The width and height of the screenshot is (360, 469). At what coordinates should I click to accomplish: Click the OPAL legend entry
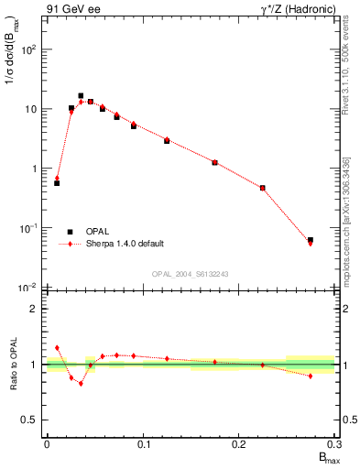click(x=96, y=232)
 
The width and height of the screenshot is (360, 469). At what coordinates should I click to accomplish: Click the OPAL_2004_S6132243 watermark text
click(x=190, y=274)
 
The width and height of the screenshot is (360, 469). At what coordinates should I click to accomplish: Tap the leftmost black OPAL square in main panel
click(x=57, y=183)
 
